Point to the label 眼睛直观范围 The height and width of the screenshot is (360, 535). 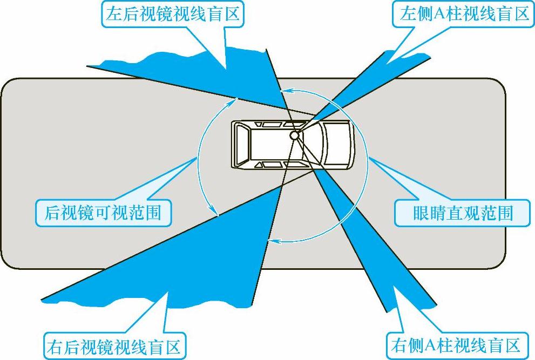454,214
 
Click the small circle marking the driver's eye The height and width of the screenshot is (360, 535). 295,135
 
